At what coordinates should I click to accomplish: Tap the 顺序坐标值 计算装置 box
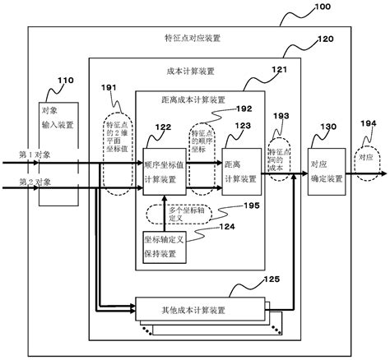(164, 171)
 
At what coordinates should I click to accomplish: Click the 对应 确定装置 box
(324, 170)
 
